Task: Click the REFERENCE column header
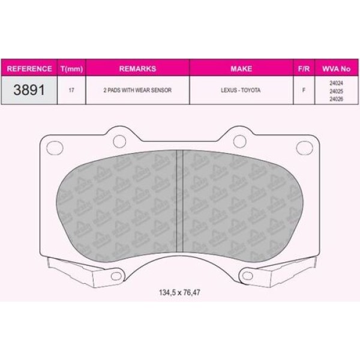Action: pyautogui.click(x=29, y=69)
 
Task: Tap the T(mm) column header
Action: pyautogui.click(x=71, y=69)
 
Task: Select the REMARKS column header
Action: pyautogui.click(x=137, y=69)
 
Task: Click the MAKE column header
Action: pyautogui.click(x=241, y=69)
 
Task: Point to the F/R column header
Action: pyautogui.click(x=304, y=69)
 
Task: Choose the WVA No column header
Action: pyautogui.click(x=335, y=69)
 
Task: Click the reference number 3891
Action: pyautogui.click(x=29, y=89)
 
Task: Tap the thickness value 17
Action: pyautogui.click(x=71, y=89)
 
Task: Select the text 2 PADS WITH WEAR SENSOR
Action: pyautogui.click(x=137, y=89)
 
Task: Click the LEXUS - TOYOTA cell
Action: pyautogui.click(x=241, y=89)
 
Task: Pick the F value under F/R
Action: pyautogui.click(x=304, y=89)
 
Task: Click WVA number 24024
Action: pyautogui.click(x=336, y=83)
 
